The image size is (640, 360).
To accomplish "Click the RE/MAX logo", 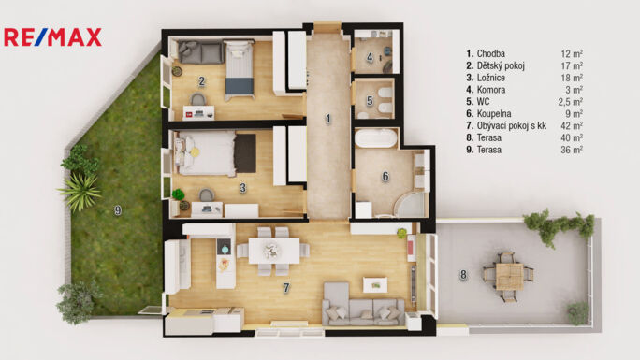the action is tap(52, 37).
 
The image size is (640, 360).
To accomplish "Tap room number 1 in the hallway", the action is tap(327, 119).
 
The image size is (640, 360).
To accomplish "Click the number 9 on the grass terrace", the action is tap(118, 210).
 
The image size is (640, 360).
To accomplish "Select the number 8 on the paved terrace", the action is tap(463, 275).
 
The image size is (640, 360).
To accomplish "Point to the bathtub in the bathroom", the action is tap(376, 138).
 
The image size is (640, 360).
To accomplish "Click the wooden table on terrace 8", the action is tap(509, 277).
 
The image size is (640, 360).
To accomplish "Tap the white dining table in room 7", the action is tap(274, 251).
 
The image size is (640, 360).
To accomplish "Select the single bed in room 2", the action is tap(240, 69).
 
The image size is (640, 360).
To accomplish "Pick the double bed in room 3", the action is tap(205, 153).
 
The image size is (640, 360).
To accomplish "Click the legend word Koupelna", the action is tap(494, 114).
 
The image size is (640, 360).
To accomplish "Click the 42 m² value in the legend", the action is tap(572, 125).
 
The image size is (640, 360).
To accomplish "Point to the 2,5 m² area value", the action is tap(570, 102).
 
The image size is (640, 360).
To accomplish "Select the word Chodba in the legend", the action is tap(491, 53).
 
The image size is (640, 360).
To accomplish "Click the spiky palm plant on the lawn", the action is tap(80, 192).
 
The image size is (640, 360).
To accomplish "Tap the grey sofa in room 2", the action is tap(201, 52).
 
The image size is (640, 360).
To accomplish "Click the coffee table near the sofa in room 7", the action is tap(375, 285).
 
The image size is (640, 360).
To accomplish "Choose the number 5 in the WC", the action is tap(370, 101).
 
